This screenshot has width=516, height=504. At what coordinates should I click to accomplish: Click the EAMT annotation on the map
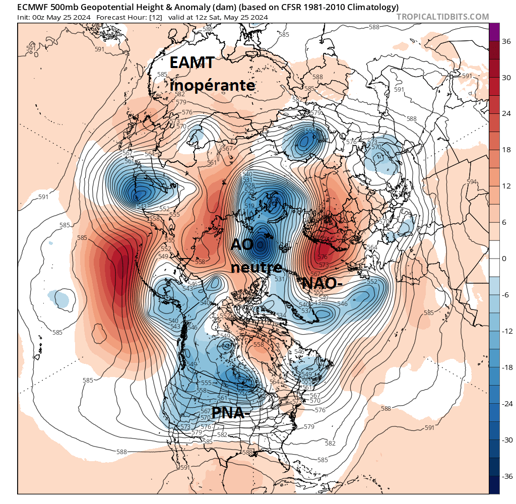pos(192,63)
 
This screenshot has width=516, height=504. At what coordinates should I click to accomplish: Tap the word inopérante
pos(212,86)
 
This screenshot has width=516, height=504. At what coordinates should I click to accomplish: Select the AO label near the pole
pos(241,244)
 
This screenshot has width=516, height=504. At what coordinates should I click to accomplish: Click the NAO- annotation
pos(322,284)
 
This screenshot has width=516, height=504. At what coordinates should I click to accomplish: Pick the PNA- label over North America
pos(231,413)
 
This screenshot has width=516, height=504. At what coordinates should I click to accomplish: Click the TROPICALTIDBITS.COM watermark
pos(442,17)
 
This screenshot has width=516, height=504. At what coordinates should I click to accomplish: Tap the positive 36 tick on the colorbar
pos(505,41)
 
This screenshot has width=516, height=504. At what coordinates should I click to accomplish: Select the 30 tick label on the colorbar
pos(505,78)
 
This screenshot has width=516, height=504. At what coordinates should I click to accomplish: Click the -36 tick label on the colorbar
pos(505,476)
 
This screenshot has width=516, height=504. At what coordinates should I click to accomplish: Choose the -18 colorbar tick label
pos(505,367)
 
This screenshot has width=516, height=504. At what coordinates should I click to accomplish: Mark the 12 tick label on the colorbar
pos(505,186)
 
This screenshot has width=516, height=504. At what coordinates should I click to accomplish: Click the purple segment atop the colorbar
pos(494,32)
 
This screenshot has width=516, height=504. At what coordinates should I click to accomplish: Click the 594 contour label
pos(471,182)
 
